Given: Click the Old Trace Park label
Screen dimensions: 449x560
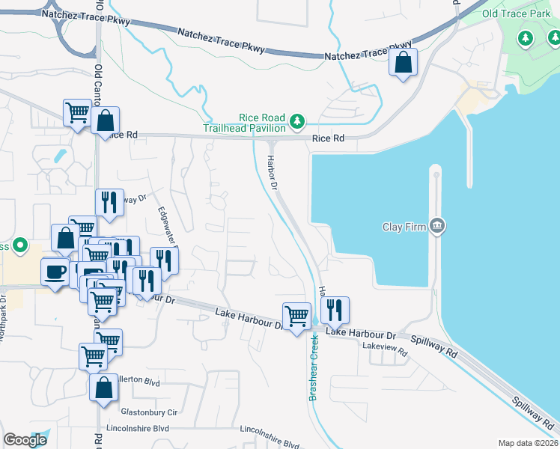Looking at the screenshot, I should pyautogui.click(x=516, y=13).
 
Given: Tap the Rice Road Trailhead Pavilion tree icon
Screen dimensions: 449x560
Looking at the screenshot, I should pyautogui.click(x=298, y=120).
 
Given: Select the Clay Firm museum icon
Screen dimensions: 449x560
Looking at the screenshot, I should pyautogui.click(x=439, y=226).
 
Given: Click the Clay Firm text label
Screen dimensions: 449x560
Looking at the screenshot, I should pyautogui.click(x=404, y=227).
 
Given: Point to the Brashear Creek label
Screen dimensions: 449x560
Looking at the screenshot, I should pyautogui.click(x=314, y=367).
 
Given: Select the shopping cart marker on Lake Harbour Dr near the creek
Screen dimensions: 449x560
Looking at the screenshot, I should pyautogui.click(x=296, y=316).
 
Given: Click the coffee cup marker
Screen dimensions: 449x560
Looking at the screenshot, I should pyautogui.click(x=55, y=272).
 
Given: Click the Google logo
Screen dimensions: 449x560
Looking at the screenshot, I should pyautogui.click(x=25, y=440).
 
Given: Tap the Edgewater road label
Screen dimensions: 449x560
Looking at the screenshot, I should pyautogui.click(x=166, y=227).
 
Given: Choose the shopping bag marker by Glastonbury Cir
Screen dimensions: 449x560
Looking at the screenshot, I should pyautogui.click(x=103, y=388).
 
